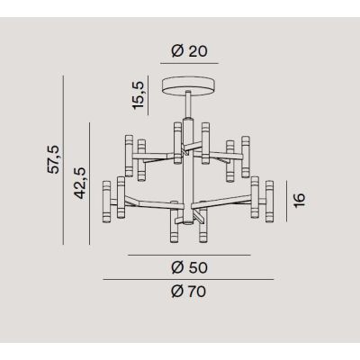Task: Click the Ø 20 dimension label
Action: click(186, 51)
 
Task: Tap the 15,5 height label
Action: click(138, 94)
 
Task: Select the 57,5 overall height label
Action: click(54, 158)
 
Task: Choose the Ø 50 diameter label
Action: click(186, 267)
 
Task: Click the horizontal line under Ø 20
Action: click(186, 65)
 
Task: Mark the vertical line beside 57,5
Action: click(65, 159)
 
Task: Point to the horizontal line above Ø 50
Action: click(186, 256)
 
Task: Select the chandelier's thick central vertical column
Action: click(186, 171)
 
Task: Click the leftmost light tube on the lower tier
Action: click(107, 202)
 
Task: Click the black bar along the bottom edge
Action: click(180, 353)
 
